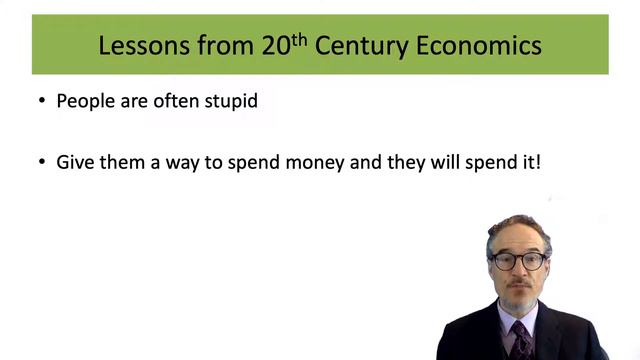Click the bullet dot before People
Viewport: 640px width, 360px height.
click(x=41, y=101)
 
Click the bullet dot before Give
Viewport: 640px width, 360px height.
click(x=41, y=161)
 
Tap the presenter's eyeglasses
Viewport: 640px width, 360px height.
click(x=518, y=260)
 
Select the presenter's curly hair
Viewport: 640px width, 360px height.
click(x=518, y=228)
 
